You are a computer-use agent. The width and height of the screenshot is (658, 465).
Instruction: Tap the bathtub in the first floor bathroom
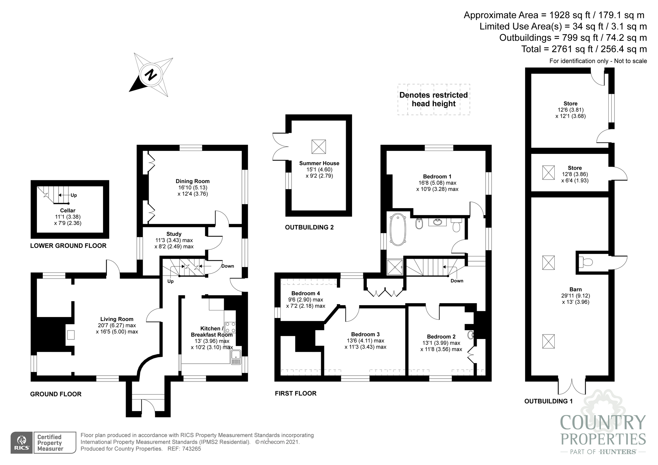pos(398,230)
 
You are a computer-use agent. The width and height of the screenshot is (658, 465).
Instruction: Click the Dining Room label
pos(192,181)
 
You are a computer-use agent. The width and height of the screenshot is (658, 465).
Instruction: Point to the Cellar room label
pos(68,210)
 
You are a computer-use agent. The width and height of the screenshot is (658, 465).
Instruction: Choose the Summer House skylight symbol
pos(318,146)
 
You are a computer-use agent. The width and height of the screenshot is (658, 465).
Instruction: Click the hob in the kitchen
pos(230,327)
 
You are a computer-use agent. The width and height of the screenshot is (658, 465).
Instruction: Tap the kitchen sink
pos(236,357)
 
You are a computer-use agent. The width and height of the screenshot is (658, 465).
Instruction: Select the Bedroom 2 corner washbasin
pos(471,335)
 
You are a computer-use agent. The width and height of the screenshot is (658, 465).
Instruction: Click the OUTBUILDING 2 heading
pos(309,227)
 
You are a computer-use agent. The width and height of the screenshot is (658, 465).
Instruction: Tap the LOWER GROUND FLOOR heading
pos(68,246)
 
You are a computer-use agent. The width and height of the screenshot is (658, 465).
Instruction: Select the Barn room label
pos(575,289)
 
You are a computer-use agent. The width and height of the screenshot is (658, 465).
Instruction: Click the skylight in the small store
pos(548,173)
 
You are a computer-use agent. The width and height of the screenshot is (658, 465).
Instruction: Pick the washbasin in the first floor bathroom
pos(438,222)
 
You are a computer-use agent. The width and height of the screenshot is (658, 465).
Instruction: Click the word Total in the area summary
pos(531,49)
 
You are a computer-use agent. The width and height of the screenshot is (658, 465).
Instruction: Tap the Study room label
pos(174,234)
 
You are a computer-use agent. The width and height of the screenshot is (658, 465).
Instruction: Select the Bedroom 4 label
pos(306,293)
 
